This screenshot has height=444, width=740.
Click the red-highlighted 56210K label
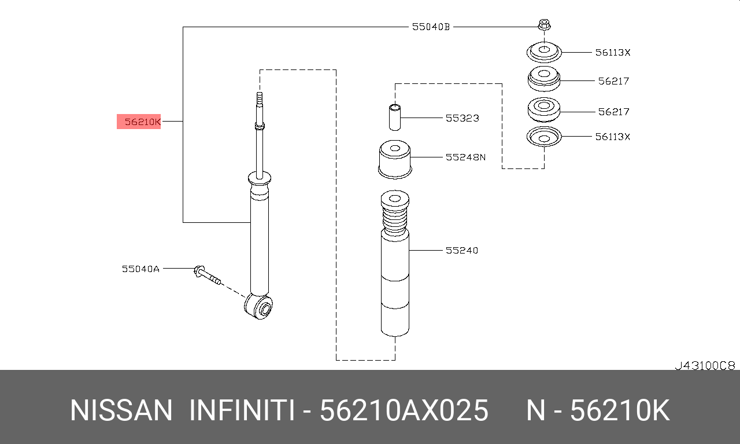(139, 122)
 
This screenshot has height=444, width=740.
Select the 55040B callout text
(431, 27)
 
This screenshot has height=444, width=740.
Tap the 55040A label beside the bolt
(140, 269)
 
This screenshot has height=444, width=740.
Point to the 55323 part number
(462, 118)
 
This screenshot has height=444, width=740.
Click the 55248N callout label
(465, 157)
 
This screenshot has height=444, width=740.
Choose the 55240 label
(462, 251)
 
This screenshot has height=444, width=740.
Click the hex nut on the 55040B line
(544, 25)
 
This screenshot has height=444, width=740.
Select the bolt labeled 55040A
(207, 275)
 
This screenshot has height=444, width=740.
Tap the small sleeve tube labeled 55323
(395, 118)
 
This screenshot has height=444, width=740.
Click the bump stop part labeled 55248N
(395, 159)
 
